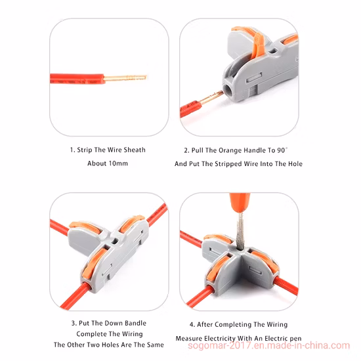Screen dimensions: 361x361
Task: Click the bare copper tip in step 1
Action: pos(125,78)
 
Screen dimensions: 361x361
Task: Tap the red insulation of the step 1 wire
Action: pos(77,79)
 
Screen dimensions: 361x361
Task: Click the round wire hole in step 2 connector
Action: pos(228,90)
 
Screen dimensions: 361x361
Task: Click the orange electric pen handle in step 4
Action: pos(240,202)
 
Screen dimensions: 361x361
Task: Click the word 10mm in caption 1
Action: pos(118,163)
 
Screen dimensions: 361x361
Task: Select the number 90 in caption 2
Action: pos(281,150)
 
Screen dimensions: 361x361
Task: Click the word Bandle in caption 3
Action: pos(135,323)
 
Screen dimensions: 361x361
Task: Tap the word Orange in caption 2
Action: pos(230,151)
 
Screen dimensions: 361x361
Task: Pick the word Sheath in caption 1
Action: pos(135,150)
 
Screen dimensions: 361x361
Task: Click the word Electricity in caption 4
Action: pos(220,339)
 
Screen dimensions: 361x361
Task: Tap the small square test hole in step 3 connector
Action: pos(114,241)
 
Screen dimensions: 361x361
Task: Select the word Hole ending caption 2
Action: pos(295,164)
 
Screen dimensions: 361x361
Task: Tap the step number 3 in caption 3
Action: pos(74,323)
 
